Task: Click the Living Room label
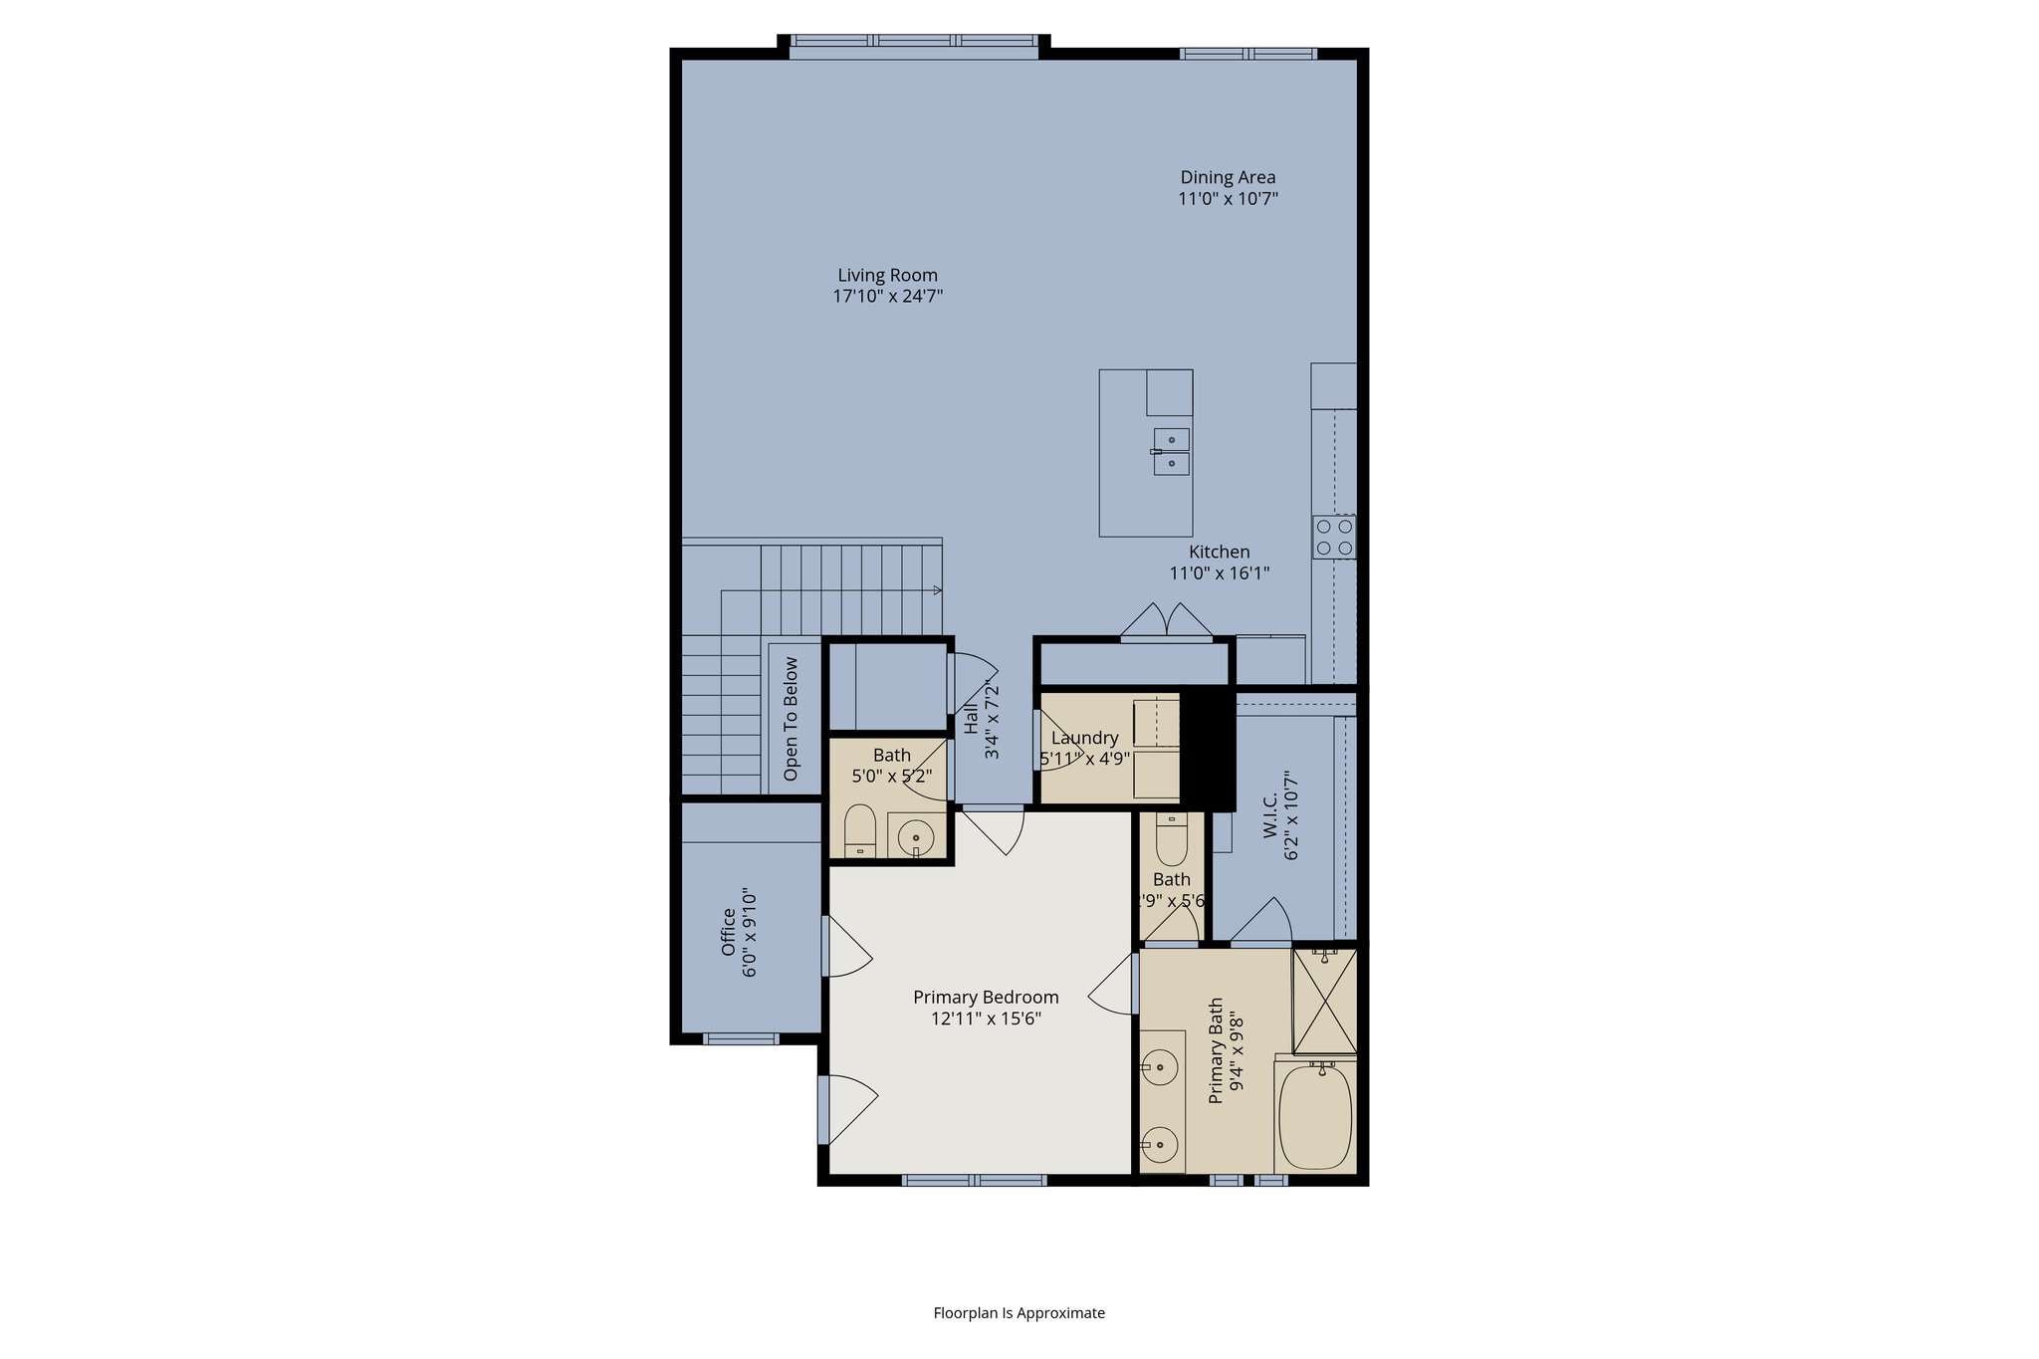pos(887,276)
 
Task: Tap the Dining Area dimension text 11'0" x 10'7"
pos(1228,199)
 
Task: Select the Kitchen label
pos(1219,552)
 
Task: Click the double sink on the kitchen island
pos(1172,451)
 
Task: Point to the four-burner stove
pos(1334,537)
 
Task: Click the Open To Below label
pos(792,718)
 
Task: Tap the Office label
pos(729,931)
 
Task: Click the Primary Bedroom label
pos(986,997)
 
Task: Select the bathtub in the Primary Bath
pos(1315,1117)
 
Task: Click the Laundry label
pos(1084,738)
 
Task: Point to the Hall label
pos(971,719)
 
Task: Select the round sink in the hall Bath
pos(916,837)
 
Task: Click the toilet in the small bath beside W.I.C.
pos(1172,840)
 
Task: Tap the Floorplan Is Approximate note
pos(1019,1313)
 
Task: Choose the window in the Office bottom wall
pos(741,1038)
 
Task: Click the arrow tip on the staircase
pos(938,590)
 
